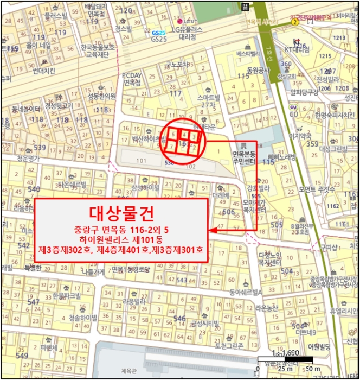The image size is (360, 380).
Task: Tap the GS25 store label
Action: coord(158,39)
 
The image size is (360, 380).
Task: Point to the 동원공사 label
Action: coord(258,70)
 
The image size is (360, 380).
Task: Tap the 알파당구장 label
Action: coord(303,92)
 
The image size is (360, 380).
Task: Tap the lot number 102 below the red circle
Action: coord(190,167)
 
